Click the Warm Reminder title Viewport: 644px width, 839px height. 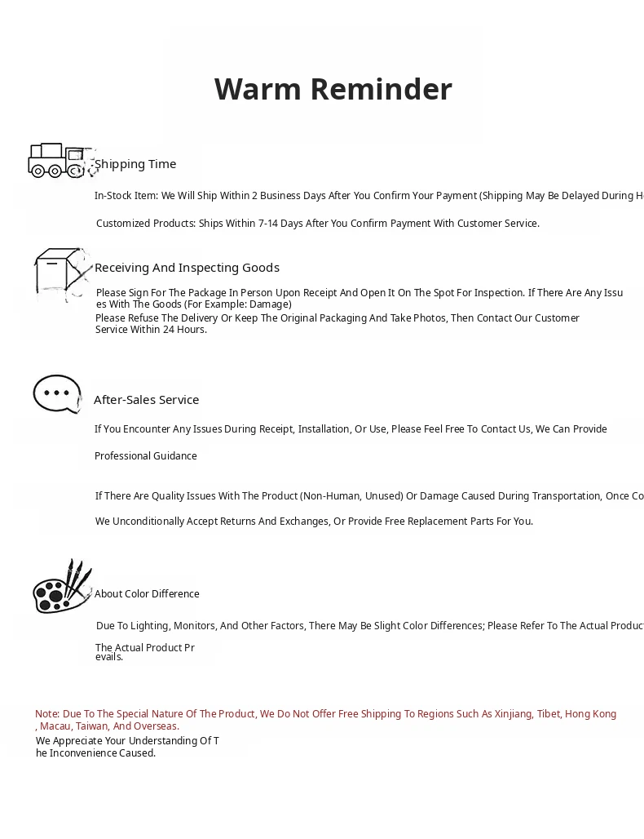point(333,89)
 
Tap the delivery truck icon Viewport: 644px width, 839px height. point(57,160)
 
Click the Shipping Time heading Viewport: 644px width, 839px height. point(135,164)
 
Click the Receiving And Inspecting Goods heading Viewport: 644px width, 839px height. point(187,268)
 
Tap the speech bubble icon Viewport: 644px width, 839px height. point(57,394)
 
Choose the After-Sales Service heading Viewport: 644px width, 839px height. point(146,400)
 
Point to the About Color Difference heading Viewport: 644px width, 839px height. point(147,594)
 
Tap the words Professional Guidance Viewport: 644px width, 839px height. point(146,456)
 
